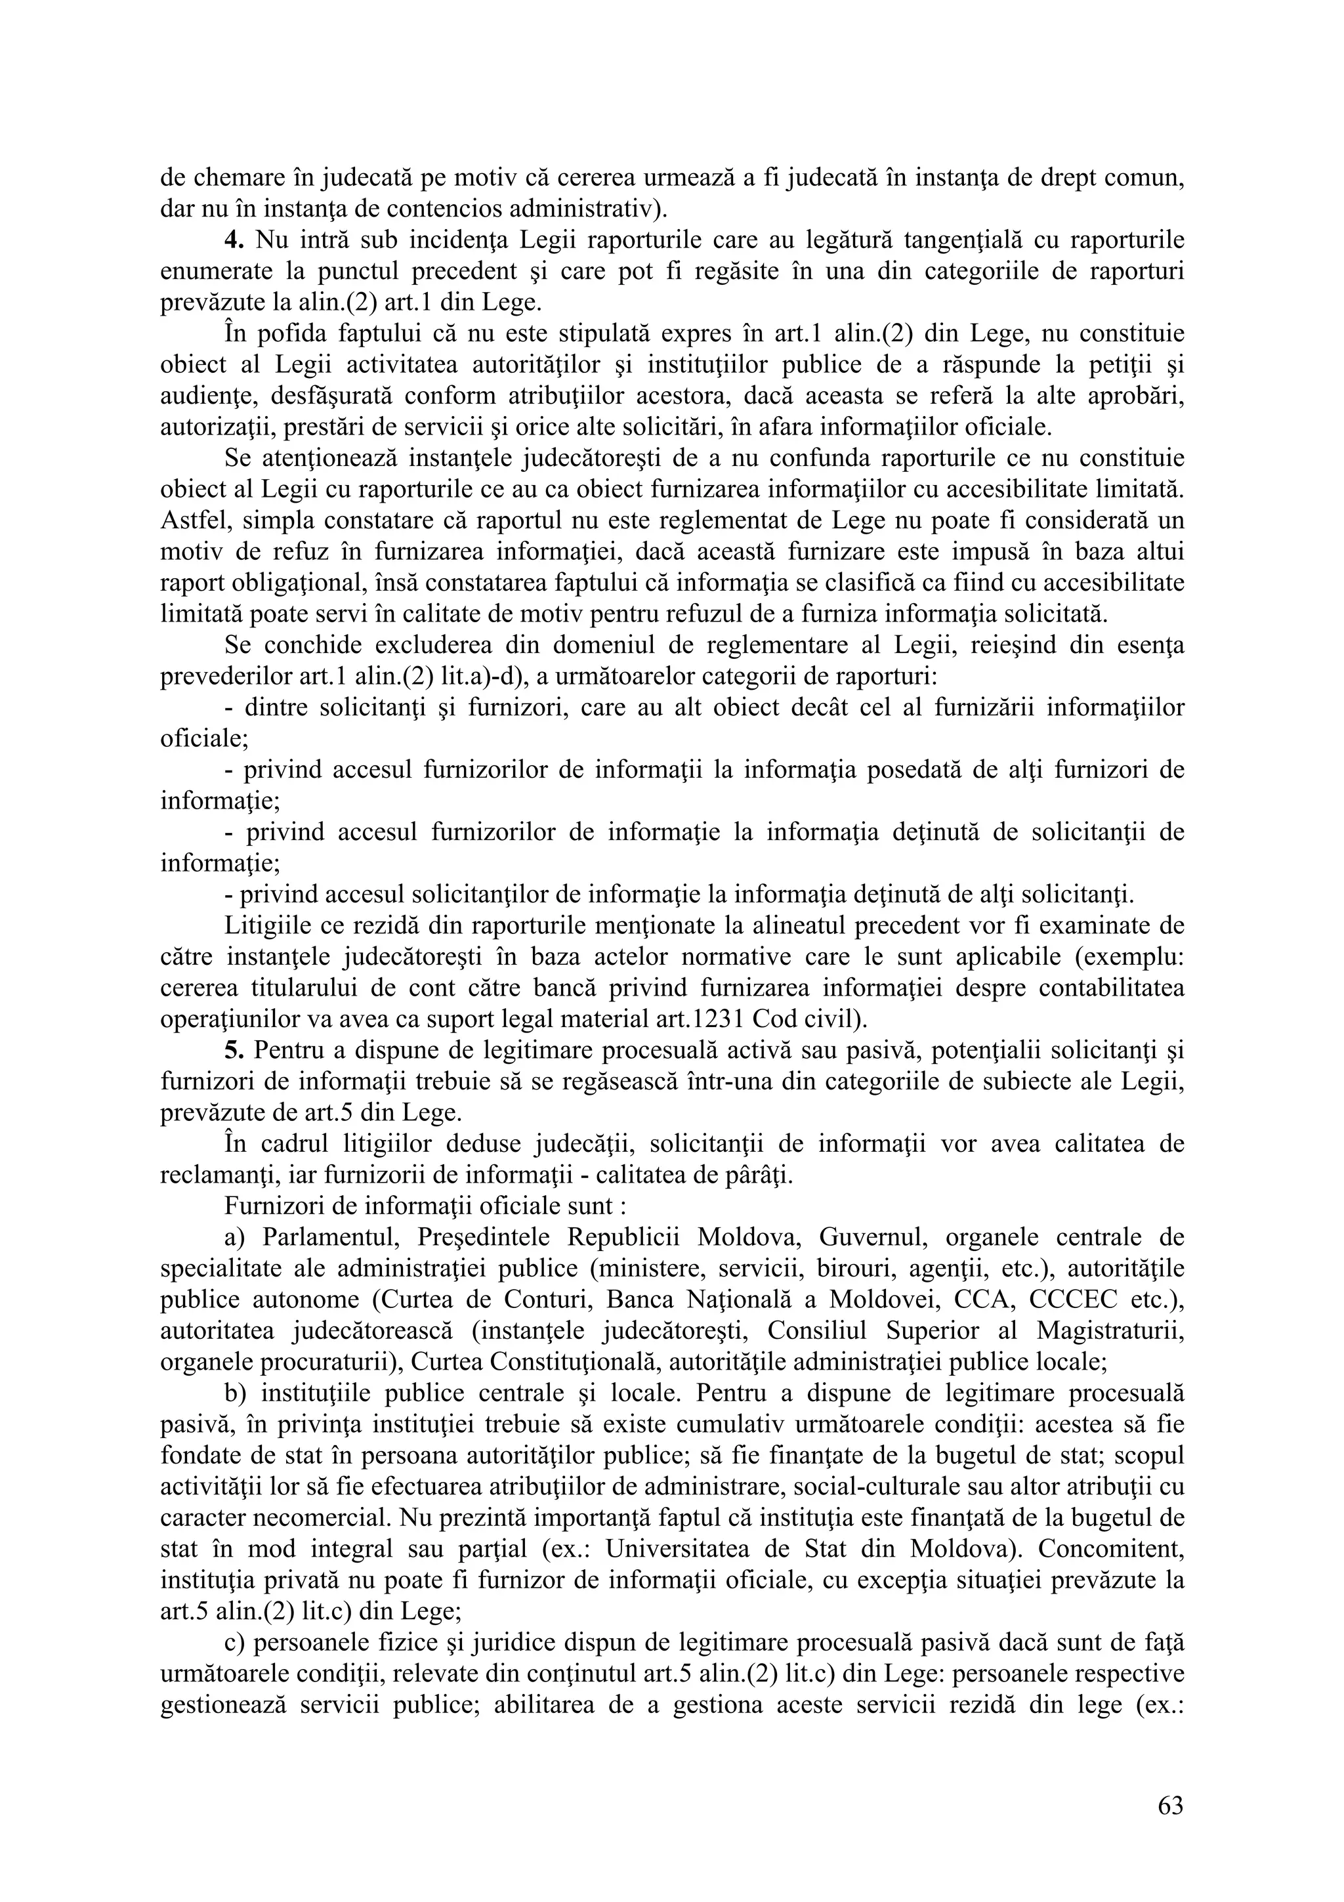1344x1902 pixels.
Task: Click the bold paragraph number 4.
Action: pyautogui.click(x=233, y=240)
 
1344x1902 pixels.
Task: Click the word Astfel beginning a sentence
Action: pyautogui.click(x=190, y=521)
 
